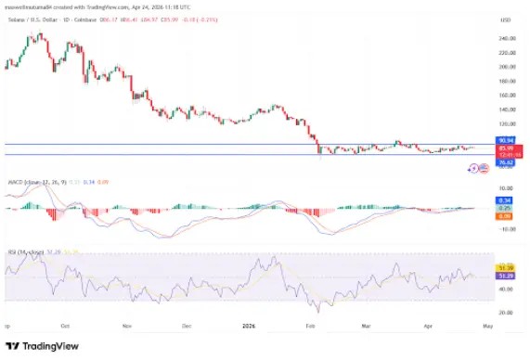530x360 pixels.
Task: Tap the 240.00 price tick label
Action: pos(481,39)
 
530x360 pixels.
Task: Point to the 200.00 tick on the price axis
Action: pos(481,67)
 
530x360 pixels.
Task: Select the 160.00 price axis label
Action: pos(481,95)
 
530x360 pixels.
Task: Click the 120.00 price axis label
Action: pos(481,122)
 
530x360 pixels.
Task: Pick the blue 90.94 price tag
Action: pos(480,140)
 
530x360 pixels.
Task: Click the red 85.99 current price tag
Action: pos(480,148)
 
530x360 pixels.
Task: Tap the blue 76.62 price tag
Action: pos(480,162)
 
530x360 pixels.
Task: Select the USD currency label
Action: pos(480,19)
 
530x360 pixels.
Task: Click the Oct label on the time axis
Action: pos(65,326)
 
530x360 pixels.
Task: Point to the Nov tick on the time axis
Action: pos(127,326)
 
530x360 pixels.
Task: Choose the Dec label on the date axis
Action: pos(187,326)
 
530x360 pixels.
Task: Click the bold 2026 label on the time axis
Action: pos(249,326)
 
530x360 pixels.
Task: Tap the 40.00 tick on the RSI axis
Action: pos(480,289)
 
